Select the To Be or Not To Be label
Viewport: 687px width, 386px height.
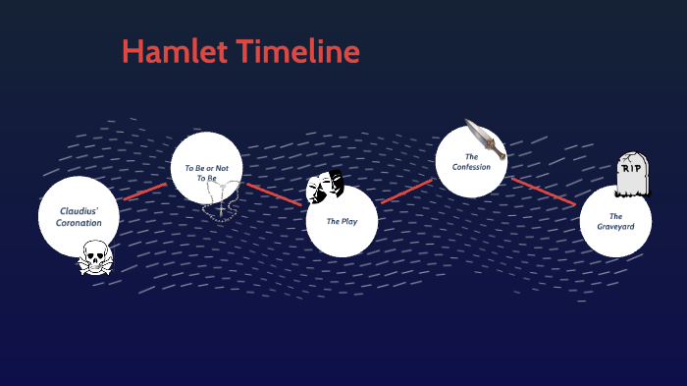(x=206, y=173)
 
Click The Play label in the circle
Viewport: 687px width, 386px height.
(x=342, y=221)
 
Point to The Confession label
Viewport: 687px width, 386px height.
(x=471, y=161)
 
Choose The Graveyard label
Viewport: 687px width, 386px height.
(x=615, y=221)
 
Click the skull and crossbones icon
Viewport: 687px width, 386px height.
(x=95, y=259)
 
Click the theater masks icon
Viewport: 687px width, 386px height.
(x=325, y=187)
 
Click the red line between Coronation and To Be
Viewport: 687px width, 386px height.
(x=145, y=191)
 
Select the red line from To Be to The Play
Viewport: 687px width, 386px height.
(x=276, y=194)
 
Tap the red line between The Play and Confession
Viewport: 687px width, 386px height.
(x=405, y=192)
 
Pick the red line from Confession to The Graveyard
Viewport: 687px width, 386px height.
(x=543, y=192)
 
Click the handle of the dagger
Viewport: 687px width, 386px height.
(x=498, y=152)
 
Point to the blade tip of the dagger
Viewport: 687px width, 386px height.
(x=467, y=123)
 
